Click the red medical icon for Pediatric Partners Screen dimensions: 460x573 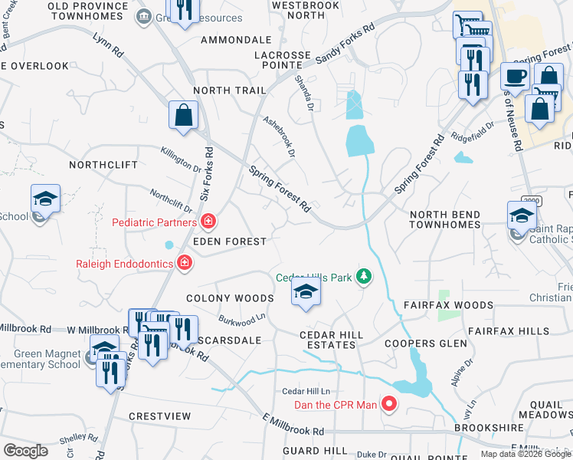tap(208, 223)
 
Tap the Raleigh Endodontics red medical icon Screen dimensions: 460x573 tap(185, 264)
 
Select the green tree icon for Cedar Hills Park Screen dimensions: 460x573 tap(365, 277)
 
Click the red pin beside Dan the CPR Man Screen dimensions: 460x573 tap(389, 403)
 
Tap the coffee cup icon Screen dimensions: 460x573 tap(514, 77)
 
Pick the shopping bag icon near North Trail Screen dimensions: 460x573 tap(184, 116)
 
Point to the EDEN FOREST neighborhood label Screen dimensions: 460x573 tap(230, 242)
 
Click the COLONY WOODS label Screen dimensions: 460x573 tap(231, 298)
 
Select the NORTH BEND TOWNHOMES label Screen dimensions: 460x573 tap(444, 220)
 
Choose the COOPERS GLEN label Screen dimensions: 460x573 tap(425, 343)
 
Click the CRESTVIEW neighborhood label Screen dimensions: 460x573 tap(159, 416)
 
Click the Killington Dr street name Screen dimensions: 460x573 tap(181, 160)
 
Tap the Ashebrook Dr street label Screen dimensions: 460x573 tap(279, 137)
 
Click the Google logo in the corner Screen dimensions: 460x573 tap(25, 451)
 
